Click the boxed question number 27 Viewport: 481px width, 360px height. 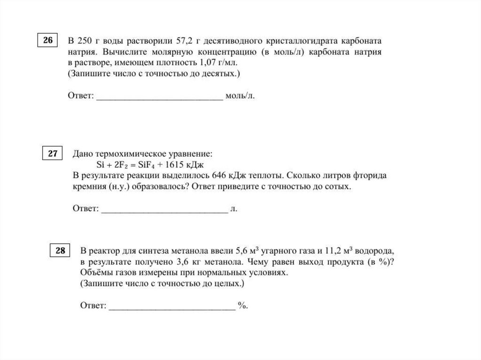tap(53, 153)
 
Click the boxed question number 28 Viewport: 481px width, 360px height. tap(60, 251)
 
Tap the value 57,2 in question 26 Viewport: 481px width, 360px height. tap(178, 41)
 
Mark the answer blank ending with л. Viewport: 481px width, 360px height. tap(164, 209)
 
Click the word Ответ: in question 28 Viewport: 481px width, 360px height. tap(93, 306)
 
